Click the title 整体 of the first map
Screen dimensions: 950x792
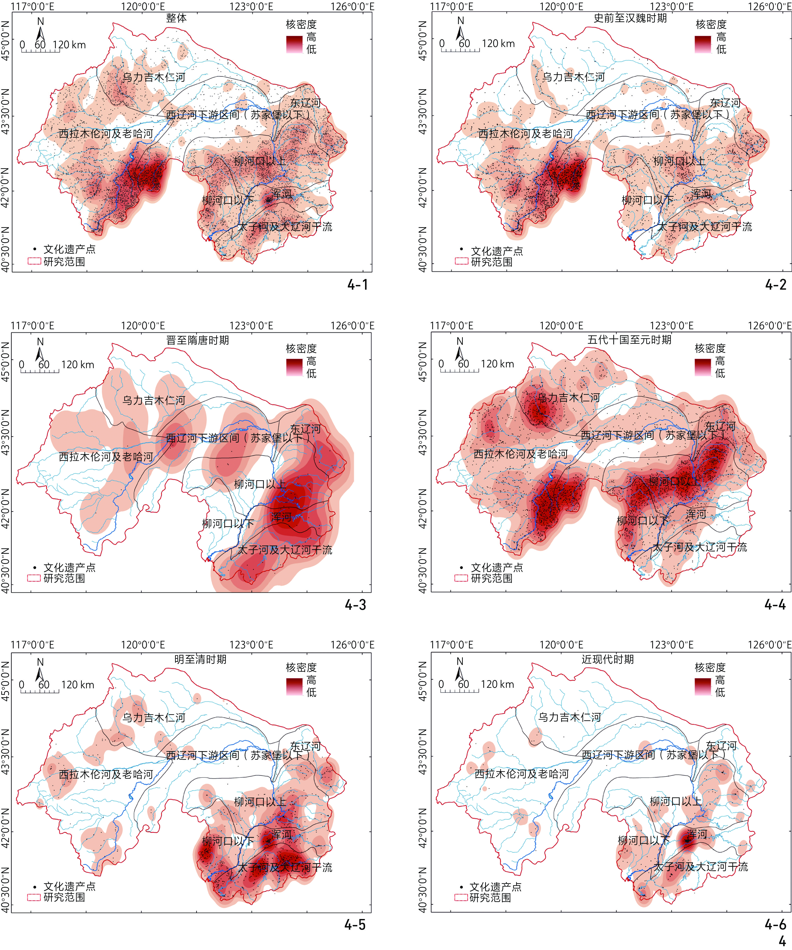pyautogui.click(x=176, y=18)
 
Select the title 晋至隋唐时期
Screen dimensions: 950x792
pyautogui.click(x=198, y=340)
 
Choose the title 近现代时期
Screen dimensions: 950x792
pyautogui.click(x=607, y=659)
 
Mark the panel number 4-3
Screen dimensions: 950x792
pyautogui.click(x=356, y=604)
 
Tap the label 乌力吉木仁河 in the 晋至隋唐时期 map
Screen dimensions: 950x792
pyautogui.click(x=154, y=400)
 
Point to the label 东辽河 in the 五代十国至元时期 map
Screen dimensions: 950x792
pyautogui.click(x=720, y=426)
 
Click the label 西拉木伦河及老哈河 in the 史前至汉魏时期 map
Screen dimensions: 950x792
pyautogui.click(x=525, y=134)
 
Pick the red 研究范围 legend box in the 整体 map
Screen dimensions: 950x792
pyautogui.click(x=34, y=261)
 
